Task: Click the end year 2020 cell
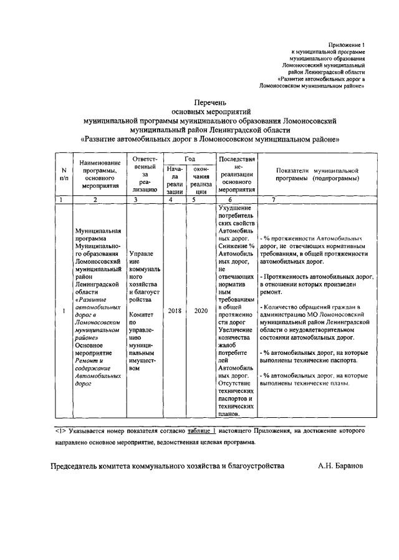point(200,311)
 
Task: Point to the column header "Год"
point(186,159)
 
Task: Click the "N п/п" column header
point(64,174)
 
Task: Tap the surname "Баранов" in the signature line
point(346,465)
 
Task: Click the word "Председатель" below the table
point(79,465)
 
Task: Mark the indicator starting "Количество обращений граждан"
point(310,307)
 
